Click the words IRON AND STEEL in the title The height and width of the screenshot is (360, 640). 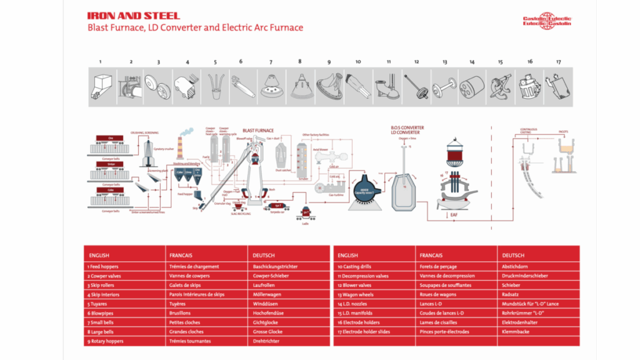(x=133, y=16)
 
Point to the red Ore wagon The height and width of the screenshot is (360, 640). (x=110, y=139)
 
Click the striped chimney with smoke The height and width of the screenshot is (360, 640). (x=180, y=150)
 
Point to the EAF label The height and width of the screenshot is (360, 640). (x=454, y=215)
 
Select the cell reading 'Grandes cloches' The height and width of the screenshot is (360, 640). (x=187, y=332)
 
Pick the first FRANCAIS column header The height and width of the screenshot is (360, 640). (x=181, y=255)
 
